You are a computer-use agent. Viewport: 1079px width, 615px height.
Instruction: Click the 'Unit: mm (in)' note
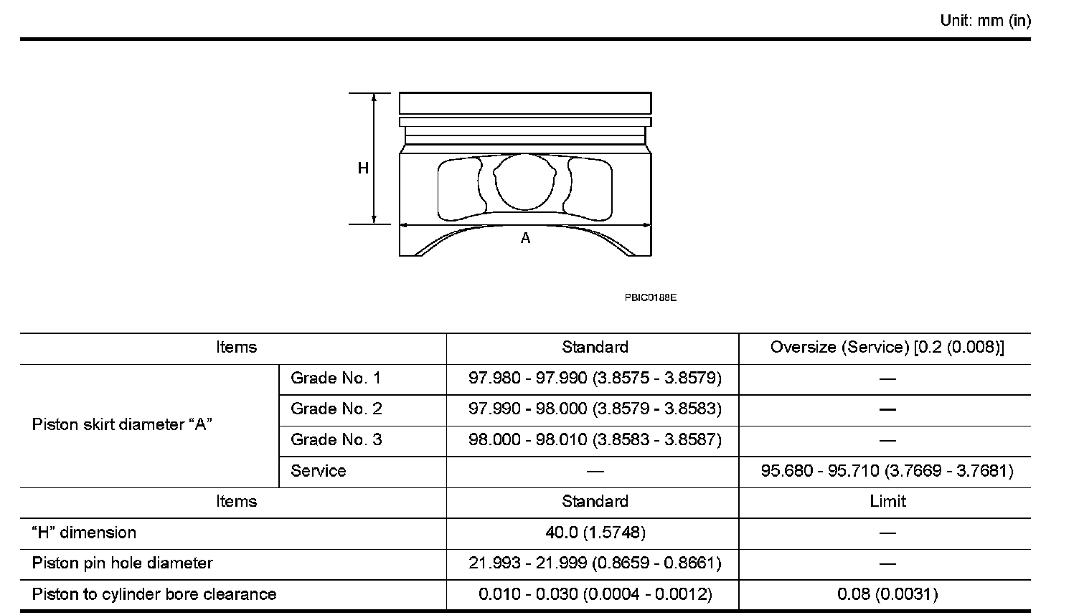click(985, 21)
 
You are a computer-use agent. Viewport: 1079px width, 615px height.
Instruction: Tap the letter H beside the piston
click(363, 168)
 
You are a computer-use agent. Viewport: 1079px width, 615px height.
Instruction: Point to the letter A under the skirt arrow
click(526, 238)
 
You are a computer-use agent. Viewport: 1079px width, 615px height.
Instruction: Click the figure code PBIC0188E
click(650, 297)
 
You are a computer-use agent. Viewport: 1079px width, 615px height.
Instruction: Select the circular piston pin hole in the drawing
click(524, 182)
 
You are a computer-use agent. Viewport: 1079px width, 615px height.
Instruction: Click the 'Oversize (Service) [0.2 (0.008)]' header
click(887, 348)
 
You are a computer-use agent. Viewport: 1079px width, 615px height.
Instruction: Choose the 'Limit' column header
click(887, 502)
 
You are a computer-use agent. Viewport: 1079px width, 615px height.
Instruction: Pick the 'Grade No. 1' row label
click(336, 378)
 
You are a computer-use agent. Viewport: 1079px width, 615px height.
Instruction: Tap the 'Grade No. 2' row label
click(336, 409)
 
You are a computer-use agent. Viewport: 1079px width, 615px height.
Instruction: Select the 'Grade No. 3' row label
click(336, 440)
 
